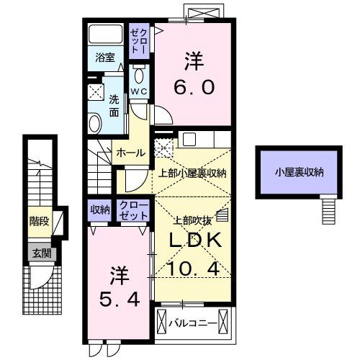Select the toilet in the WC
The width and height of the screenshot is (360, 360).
140,75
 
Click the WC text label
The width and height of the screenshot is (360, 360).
139,92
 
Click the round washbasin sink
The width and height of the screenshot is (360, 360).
95,122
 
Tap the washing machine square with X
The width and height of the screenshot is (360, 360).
95,91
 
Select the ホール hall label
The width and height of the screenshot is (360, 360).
130,152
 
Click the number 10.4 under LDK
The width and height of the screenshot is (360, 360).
192,269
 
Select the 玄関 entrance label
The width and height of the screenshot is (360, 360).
40,253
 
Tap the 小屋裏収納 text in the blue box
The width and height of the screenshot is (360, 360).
297,171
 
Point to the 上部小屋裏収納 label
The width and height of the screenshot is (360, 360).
193,174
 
